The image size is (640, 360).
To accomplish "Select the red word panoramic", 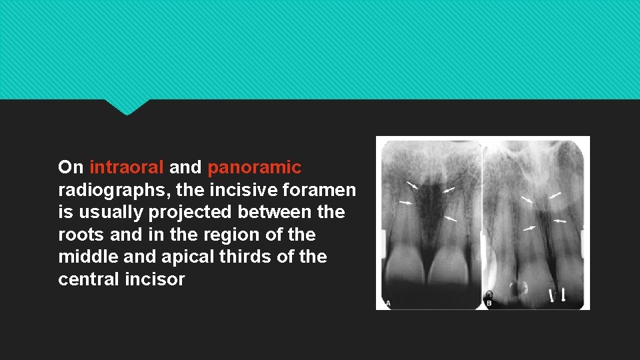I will [254, 167].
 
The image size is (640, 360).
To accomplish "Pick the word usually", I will [109, 212].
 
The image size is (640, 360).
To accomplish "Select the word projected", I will [189, 212].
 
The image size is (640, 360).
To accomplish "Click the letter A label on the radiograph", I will [387, 304].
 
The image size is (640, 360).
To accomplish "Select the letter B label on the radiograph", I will [489, 304].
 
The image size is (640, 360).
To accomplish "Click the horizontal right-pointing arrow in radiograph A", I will [405, 202].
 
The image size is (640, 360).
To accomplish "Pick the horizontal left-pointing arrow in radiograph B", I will [559, 220].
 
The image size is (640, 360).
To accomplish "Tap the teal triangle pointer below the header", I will [127, 107].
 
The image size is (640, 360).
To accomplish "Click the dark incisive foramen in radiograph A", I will [430, 200].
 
